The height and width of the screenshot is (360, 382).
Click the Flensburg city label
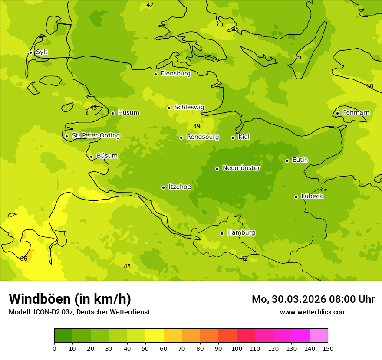(x=175, y=74)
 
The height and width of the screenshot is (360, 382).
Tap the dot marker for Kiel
(x=233, y=137)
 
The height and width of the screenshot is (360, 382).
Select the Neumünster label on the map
(x=241, y=168)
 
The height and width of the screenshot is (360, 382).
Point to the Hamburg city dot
(x=222, y=233)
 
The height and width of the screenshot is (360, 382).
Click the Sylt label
(x=42, y=52)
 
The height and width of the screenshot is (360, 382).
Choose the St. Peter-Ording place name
(x=95, y=136)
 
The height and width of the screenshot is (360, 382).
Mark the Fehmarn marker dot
(x=337, y=113)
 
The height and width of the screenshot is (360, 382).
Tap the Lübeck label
(x=312, y=196)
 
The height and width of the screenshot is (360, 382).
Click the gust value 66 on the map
(x=24, y=259)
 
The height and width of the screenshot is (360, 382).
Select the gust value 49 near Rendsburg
(x=197, y=126)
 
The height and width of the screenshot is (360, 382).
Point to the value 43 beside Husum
(x=93, y=108)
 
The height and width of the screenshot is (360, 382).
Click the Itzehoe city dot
(x=163, y=187)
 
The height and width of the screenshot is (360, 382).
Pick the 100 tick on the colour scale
(x=237, y=348)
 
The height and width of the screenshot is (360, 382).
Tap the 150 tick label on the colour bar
(x=328, y=348)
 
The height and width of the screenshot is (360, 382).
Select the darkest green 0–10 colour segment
(x=63, y=336)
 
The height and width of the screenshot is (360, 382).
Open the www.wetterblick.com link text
(x=313, y=312)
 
